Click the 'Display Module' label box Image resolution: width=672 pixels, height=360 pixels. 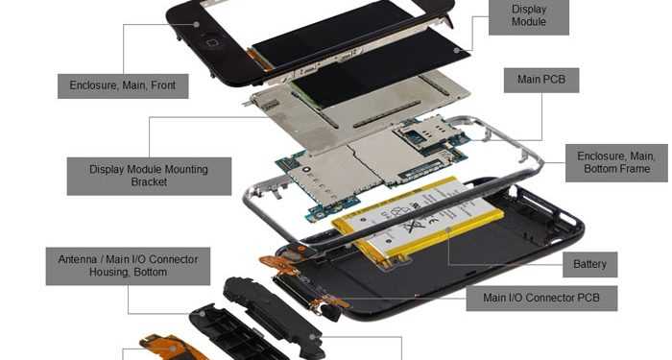coord(528,16)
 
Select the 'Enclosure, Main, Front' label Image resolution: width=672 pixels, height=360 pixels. coord(123,85)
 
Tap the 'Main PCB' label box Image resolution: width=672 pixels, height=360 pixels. coord(541,80)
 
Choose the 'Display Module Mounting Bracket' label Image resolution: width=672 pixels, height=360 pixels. coord(149,175)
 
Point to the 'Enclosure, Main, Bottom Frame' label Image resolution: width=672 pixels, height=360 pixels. coord(615,162)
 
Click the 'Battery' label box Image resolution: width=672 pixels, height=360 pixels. coord(589,264)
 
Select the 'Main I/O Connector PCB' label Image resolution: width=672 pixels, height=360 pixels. coord(541,298)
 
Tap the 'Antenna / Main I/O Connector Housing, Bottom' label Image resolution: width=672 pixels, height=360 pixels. coord(128,265)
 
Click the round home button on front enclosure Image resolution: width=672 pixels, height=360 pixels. coord(211,42)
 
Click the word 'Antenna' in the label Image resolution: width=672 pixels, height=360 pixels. coord(75,258)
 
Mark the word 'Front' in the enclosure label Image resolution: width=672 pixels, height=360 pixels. coord(160,85)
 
